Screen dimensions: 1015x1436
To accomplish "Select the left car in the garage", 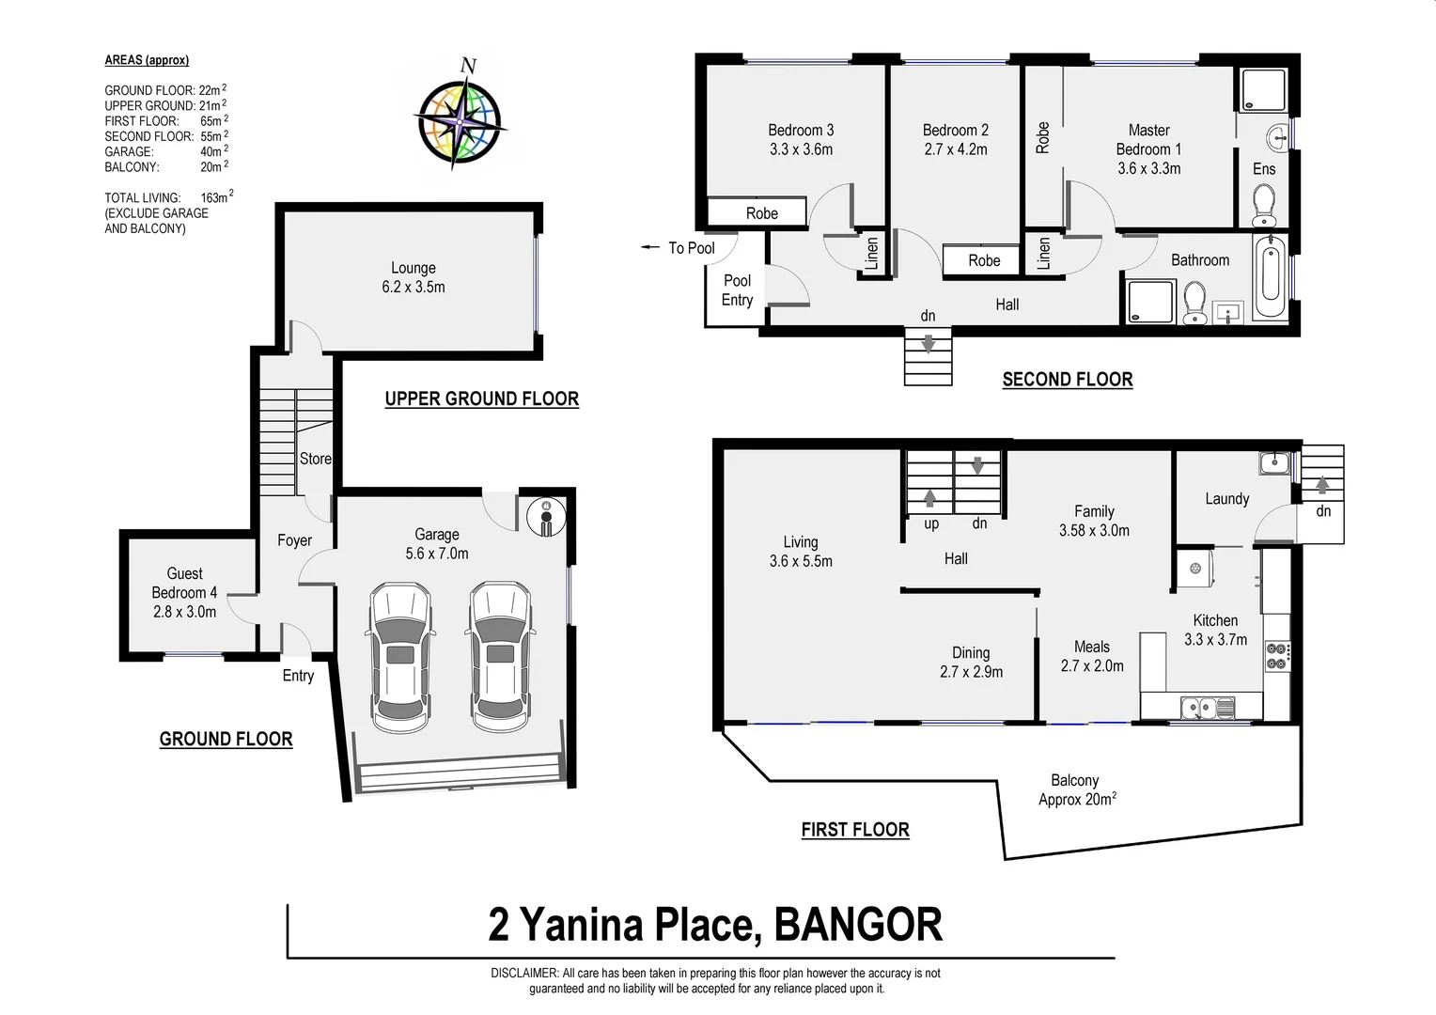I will tap(400, 656).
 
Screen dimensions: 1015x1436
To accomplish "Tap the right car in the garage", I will tap(501, 656).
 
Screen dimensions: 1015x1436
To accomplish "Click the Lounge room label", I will tap(414, 277).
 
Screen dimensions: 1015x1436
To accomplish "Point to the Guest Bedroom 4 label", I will tap(184, 592).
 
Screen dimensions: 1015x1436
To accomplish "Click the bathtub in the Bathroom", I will tap(1271, 279).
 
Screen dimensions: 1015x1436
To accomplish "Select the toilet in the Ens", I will tap(1264, 204).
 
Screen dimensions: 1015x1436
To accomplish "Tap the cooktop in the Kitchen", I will tap(1276, 655).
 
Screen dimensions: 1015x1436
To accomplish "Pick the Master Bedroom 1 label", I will tap(1148, 148).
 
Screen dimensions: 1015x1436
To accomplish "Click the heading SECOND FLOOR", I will tap(1067, 380).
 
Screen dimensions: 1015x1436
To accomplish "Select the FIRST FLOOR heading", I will tap(854, 830).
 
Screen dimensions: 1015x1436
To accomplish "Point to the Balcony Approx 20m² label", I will tap(1076, 789).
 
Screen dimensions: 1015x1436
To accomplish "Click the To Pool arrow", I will tap(650, 248).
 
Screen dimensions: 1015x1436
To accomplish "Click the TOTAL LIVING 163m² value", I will tap(215, 197).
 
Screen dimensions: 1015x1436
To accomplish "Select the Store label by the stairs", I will tap(315, 459).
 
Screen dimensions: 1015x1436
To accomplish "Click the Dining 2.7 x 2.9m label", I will tap(971, 662).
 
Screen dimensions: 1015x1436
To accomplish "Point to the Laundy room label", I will tap(1226, 499).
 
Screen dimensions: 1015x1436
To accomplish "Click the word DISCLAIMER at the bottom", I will tap(524, 974).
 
